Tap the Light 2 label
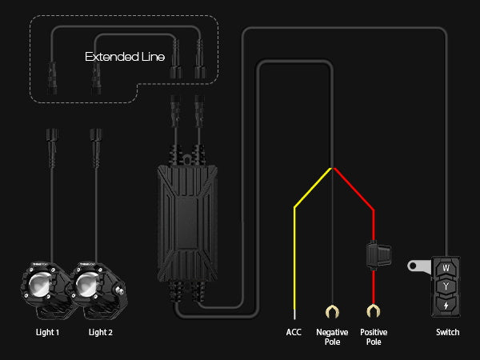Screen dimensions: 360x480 [x=100, y=331]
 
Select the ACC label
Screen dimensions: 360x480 [x=294, y=331]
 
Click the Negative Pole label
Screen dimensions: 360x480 [x=332, y=335]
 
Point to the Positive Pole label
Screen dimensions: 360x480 [x=373, y=335]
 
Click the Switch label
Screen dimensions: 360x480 [x=447, y=331]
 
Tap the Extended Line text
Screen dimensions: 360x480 [x=126, y=58]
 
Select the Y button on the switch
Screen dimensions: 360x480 [x=446, y=286]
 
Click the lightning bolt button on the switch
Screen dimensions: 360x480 [x=446, y=304]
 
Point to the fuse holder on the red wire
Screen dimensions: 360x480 [x=375, y=254]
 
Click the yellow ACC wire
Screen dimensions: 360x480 [x=296, y=240]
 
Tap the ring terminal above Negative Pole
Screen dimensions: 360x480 [x=332, y=310]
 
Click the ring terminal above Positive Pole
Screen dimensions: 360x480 [x=373, y=310]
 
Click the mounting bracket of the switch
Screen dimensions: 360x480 [x=418, y=265]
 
